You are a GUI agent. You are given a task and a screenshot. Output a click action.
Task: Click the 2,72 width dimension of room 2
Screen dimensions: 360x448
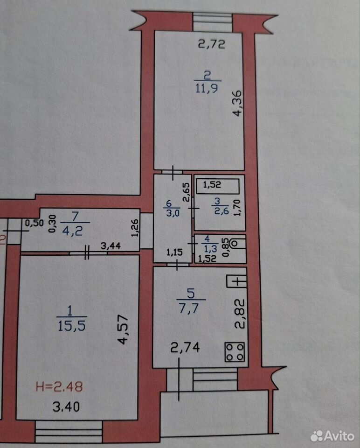coord(212,44)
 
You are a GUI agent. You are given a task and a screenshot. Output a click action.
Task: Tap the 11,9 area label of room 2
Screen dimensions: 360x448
coord(207,88)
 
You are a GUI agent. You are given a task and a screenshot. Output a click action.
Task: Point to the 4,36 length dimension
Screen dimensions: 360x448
coord(237,103)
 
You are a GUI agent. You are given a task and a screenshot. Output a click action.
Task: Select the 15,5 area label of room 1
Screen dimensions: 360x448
coord(71,325)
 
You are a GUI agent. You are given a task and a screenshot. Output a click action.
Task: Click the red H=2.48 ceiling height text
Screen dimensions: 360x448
coord(59,386)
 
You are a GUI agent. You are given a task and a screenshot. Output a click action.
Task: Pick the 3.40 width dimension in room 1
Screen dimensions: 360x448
coord(66,406)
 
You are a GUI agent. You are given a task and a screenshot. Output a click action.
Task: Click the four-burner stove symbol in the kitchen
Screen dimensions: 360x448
coord(235,352)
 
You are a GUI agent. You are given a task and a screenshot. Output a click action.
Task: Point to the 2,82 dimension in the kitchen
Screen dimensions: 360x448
coord(240,314)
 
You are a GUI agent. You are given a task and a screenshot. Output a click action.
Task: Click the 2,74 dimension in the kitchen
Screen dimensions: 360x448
coord(185,347)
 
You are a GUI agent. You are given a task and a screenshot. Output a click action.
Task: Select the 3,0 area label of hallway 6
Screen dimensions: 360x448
coord(173,213)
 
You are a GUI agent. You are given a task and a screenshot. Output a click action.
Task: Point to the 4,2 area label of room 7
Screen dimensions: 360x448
coord(73,231)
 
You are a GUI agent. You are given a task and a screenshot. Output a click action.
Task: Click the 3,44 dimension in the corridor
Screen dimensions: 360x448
coord(111,245)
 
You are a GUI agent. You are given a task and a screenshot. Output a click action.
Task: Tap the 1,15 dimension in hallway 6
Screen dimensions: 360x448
coord(174,252)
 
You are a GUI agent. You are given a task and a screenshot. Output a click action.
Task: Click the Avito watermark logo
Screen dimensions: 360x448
coord(332,436)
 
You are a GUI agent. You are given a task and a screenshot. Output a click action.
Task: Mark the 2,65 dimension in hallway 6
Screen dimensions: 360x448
coord(186,192)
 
